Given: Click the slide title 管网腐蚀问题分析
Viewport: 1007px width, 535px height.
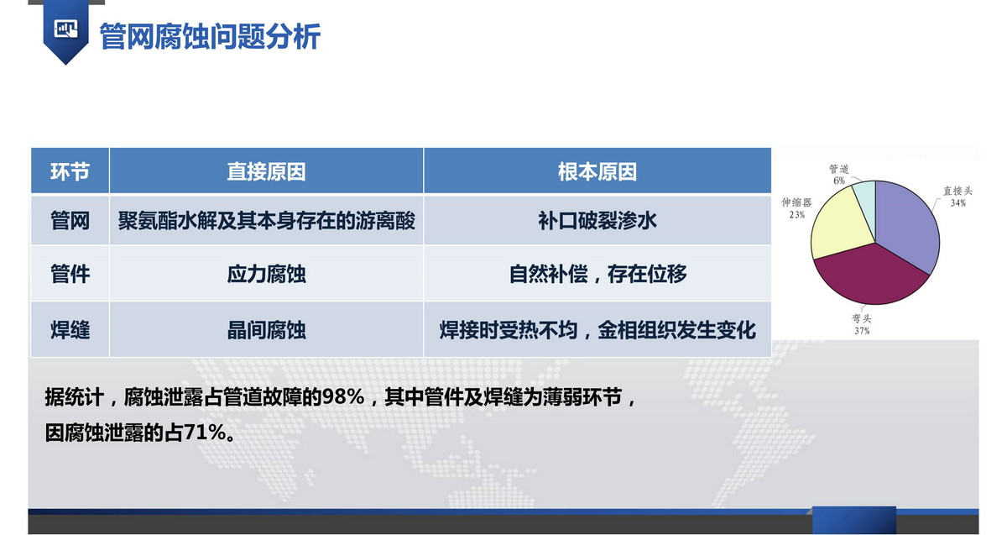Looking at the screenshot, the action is (210, 36).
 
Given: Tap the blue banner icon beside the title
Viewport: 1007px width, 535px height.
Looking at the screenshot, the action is (65, 32).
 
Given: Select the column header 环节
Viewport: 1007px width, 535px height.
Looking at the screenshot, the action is (70, 171).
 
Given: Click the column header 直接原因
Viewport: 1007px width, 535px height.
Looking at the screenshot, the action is (266, 171).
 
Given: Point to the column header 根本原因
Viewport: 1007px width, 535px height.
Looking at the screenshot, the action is (597, 171).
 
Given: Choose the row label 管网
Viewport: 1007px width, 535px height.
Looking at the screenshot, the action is (70, 221).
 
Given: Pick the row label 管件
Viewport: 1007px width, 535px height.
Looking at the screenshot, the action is (70, 274).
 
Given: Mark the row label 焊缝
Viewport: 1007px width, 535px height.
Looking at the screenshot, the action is (70, 330).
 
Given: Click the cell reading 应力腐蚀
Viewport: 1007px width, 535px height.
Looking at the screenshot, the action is (266, 274).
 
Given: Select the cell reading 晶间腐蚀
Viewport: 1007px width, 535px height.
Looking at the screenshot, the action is (266, 330).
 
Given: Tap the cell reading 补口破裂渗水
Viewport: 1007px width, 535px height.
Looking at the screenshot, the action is (597, 221).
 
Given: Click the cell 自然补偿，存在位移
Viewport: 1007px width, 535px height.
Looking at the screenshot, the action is (597, 274).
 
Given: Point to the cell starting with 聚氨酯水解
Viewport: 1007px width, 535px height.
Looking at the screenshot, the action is (266, 221).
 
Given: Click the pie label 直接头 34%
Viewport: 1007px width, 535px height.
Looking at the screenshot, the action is (957, 197).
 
